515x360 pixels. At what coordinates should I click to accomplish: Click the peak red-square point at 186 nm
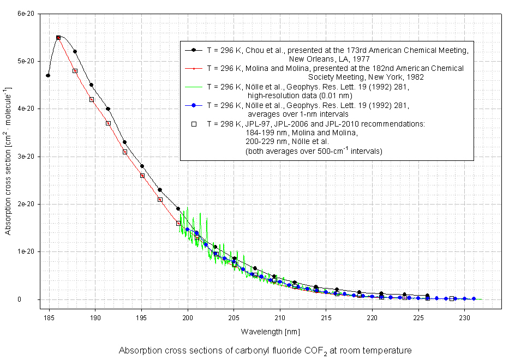click(x=58, y=38)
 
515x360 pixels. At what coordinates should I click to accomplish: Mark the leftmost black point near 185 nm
click(x=48, y=75)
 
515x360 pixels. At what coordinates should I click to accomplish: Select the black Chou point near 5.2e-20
click(x=75, y=52)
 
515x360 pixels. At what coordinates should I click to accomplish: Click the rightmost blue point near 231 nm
click(x=474, y=298)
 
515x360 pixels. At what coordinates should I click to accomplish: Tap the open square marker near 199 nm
click(x=178, y=223)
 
